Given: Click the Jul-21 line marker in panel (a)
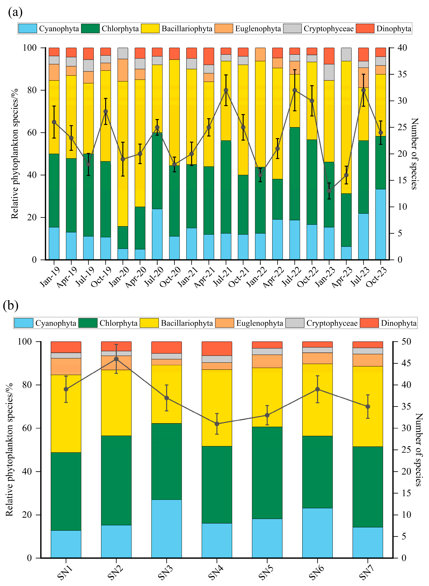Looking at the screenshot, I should click(x=226, y=90).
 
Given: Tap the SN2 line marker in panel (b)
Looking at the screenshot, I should click(x=116, y=359).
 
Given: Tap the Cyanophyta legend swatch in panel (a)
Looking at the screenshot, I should click(x=27, y=29).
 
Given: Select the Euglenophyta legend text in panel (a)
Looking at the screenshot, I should click(x=258, y=29).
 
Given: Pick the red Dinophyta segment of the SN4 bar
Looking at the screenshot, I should click(x=217, y=348).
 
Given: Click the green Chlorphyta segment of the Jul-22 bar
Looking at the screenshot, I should click(x=295, y=174).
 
